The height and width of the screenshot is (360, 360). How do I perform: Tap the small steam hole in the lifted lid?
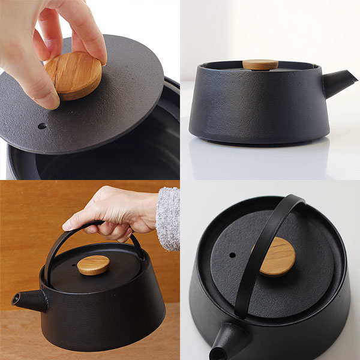pos(41,126)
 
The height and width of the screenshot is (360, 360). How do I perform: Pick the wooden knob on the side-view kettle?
pos(260,64)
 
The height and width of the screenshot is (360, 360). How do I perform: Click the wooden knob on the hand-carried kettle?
pos(94,265)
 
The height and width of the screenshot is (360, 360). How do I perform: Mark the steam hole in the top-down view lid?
pos(232,255)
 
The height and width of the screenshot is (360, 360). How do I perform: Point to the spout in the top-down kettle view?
pos(231,341)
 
